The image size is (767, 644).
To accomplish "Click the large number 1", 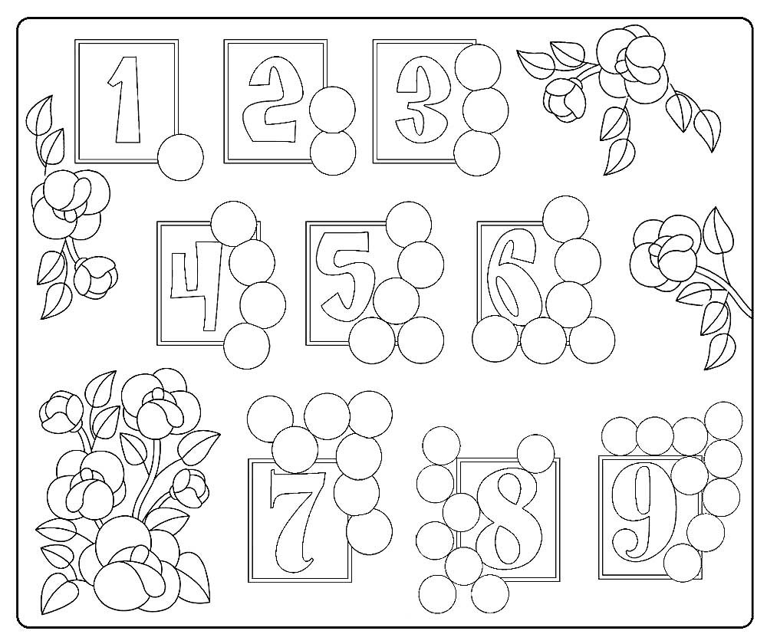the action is coord(128,100).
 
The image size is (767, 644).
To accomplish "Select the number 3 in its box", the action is coord(420,100).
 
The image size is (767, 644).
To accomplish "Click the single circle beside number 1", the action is coord(180,156).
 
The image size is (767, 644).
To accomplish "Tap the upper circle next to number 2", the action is coord(333,110).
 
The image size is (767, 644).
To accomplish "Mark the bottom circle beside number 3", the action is coord(477,152).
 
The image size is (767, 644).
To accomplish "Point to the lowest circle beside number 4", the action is coord(246,344).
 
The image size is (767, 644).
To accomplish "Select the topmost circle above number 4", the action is coord(234,224).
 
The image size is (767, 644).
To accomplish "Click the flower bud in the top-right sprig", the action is coord(565,100).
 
